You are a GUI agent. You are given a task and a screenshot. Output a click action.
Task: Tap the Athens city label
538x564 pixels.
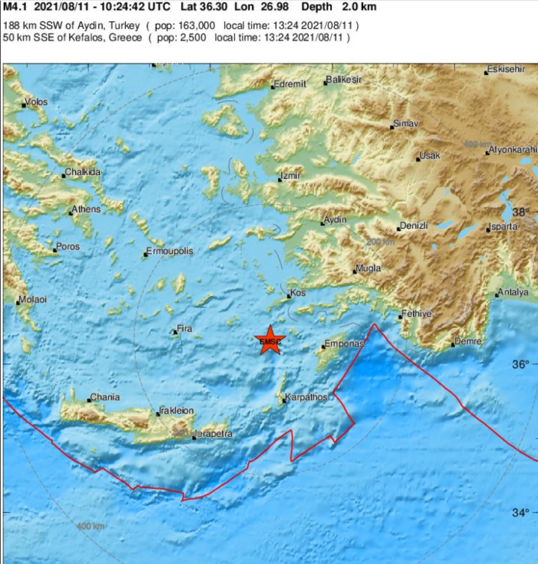86,210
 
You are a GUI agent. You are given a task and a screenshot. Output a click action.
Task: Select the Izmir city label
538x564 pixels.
290,177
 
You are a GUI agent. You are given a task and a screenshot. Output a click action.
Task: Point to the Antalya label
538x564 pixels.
513,292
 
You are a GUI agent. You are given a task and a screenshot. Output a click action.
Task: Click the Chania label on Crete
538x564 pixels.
105,397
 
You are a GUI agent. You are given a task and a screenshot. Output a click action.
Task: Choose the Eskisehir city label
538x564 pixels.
506,70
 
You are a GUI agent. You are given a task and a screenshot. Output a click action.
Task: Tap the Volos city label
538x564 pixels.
37,102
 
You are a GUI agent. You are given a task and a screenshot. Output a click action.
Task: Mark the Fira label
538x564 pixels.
185,329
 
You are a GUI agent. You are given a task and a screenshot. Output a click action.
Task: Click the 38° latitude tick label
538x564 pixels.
521,212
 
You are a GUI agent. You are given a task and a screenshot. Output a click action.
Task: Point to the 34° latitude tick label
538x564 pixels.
521,513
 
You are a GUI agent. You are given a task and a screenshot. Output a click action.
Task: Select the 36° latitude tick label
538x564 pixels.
521,365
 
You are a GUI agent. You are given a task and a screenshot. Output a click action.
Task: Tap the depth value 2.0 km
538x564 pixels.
354,7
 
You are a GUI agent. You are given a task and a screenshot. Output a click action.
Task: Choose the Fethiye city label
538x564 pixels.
416,314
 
